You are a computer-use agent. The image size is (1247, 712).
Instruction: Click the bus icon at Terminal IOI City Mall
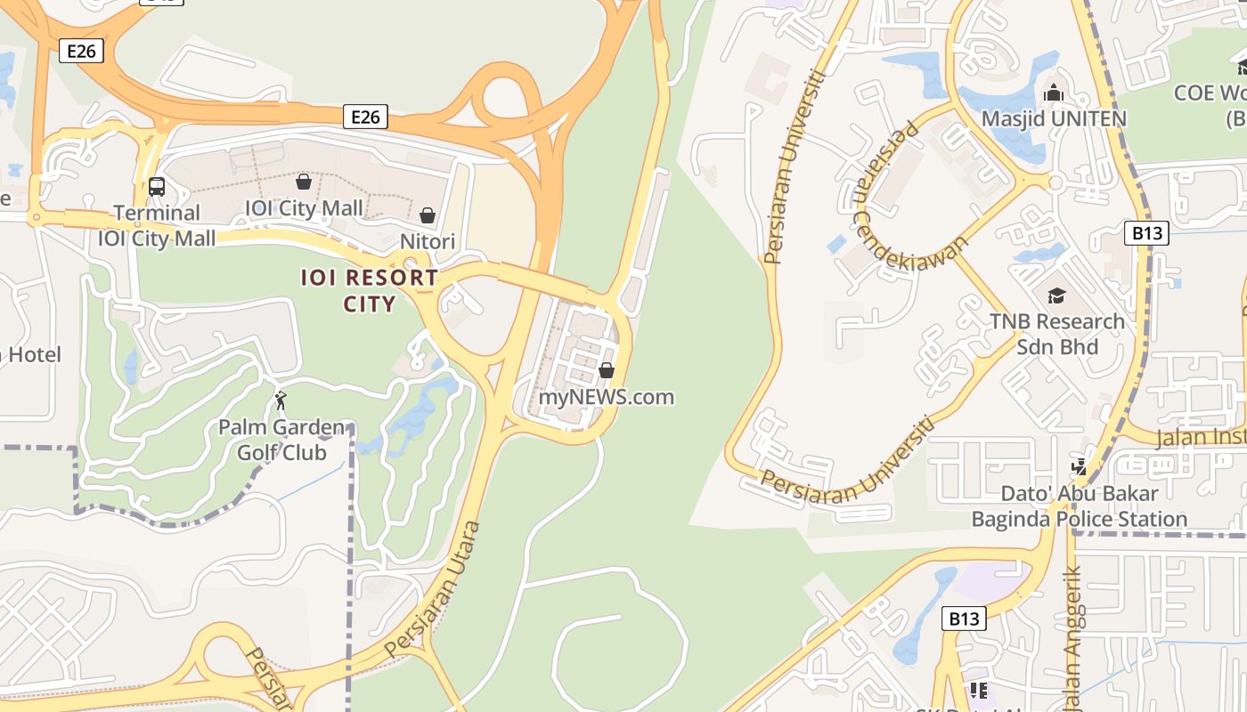(x=156, y=187)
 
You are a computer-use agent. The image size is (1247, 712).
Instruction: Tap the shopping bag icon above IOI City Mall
(x=304, y=182)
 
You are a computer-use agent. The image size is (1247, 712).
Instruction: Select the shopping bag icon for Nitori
(x=428, y=214)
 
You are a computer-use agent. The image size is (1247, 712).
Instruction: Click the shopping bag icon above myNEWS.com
(x=607, y=369)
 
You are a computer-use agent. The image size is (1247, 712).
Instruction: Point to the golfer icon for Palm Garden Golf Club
(x=281, y=400)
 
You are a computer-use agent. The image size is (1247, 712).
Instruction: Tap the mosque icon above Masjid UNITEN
(x=1054, y=92)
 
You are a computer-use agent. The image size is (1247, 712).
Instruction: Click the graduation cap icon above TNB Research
(x=1056, y=295)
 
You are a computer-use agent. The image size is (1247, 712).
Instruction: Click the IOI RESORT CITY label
(x=369, y=290)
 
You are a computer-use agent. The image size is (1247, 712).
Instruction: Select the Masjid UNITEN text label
(x=1054, y=118)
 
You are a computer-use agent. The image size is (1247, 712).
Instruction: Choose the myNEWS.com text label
(x=606, y=397)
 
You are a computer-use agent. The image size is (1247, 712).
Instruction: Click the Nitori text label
(x=428, y=241)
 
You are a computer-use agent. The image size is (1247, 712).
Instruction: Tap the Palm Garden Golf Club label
(x=281, y=440)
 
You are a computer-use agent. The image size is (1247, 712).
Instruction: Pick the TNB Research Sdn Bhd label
(x=1057, y=334)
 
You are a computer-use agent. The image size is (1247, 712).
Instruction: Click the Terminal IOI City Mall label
(x=157, y=226)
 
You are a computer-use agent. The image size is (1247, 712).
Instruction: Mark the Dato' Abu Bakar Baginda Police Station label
(x=1079, y=506)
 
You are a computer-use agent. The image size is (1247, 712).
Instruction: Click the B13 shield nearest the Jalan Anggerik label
(x=965, y=619)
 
